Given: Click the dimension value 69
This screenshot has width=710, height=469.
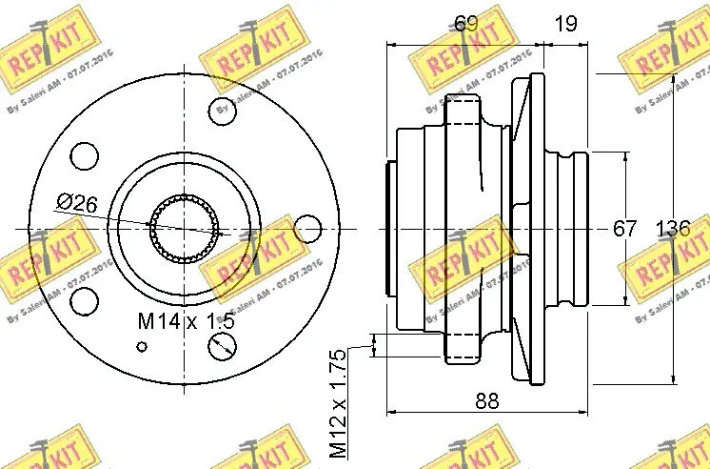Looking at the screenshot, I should (464, 24).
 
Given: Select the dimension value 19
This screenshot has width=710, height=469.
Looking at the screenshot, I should (566, 24).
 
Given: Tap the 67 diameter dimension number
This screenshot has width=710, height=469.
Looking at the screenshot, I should (623, 229).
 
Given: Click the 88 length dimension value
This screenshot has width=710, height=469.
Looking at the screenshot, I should (486, 402).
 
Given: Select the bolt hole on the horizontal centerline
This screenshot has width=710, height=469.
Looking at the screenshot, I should (307, 229).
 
